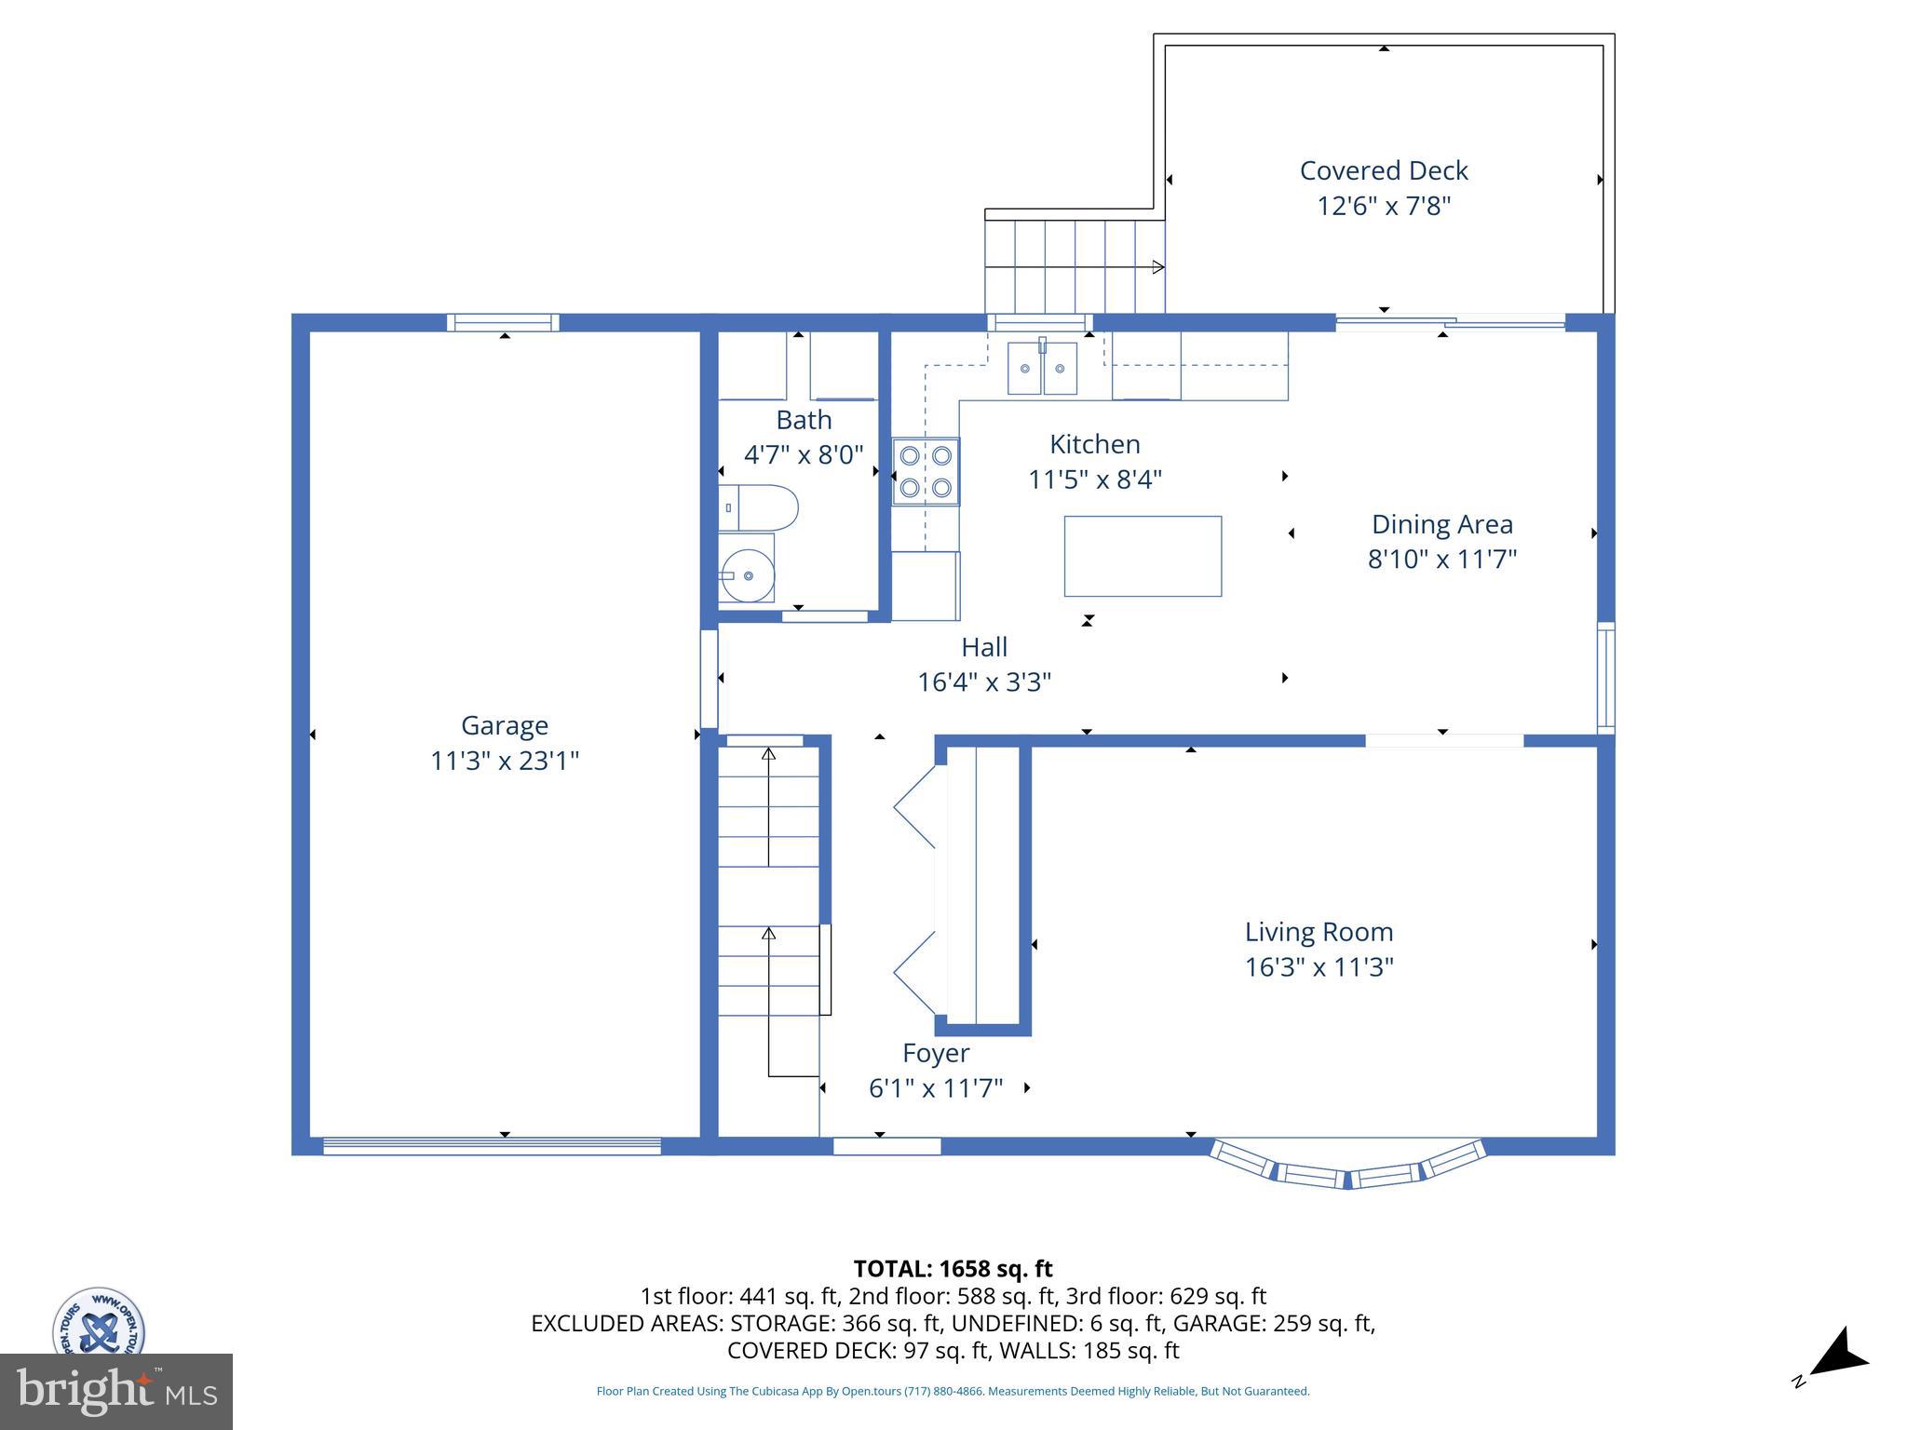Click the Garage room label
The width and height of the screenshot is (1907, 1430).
504,725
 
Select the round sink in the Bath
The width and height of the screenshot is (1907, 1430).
748,575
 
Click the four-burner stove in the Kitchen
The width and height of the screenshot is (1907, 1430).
926,472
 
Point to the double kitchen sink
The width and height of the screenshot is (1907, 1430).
1042,368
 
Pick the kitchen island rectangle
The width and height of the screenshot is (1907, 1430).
1143,556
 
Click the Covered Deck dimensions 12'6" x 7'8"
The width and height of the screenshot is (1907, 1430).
1384,206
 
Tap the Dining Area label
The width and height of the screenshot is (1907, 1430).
1441,524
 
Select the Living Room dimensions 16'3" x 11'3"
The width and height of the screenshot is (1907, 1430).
1319,967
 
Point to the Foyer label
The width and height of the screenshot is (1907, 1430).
936,1053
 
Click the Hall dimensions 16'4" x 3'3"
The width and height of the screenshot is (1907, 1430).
984,682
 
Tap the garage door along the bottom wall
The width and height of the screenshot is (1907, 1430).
492,1146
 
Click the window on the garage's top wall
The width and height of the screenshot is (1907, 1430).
503,323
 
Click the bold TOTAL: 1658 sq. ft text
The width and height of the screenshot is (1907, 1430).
953,1269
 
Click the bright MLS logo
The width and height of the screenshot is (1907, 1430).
116,1391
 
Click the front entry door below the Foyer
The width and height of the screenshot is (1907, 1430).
886,1146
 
